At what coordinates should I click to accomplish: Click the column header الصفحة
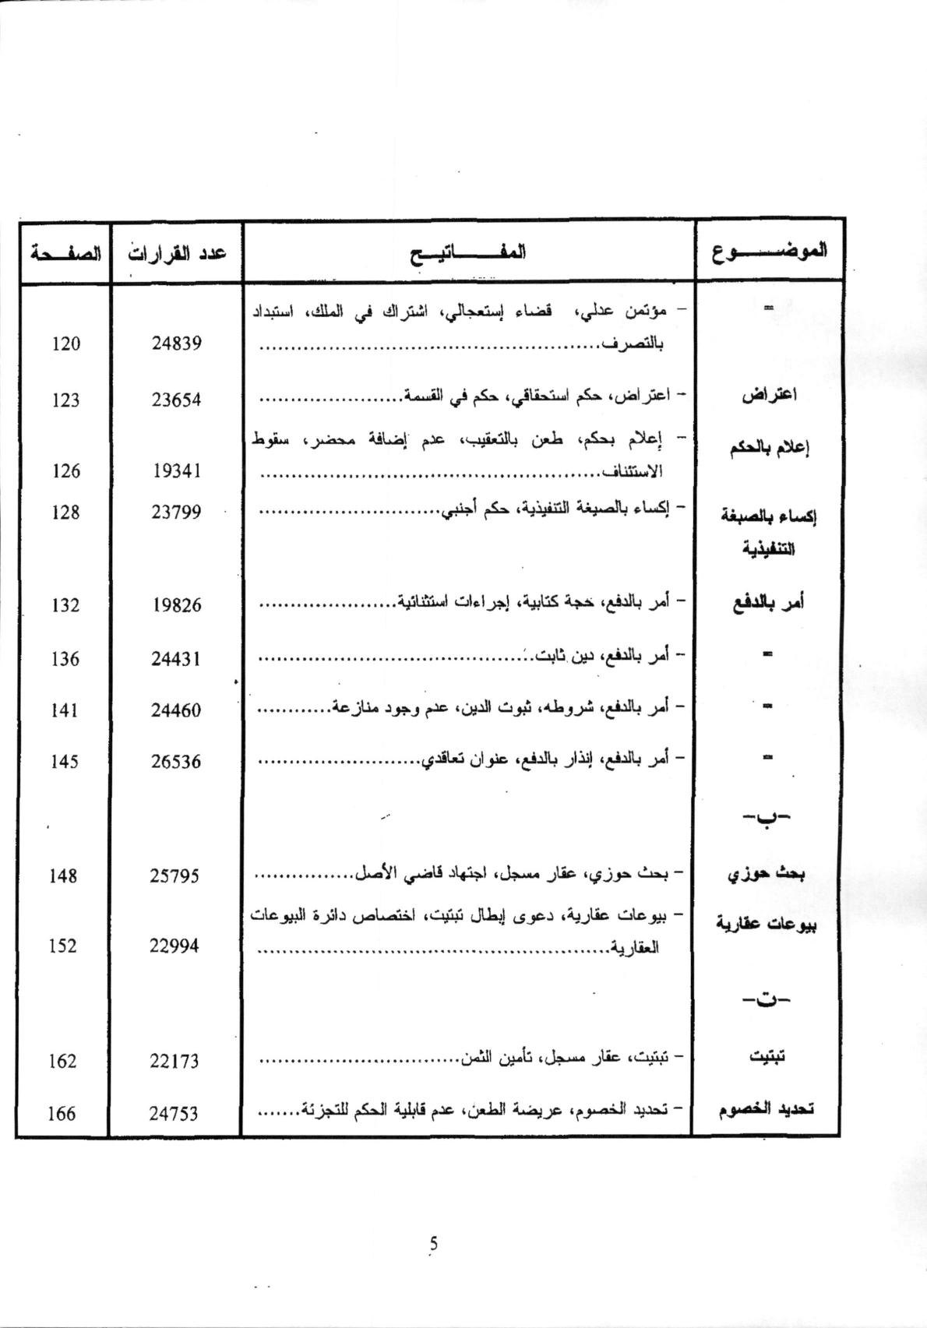click(x=65, y=252)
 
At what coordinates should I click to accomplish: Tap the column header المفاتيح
click(x=468, y=252)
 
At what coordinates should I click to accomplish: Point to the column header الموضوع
click(x=769, y=251)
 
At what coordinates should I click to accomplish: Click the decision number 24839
click(x=176, y=343)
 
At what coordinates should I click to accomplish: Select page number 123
click(x=66, y=400)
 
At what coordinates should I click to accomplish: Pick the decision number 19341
click(x=176, y=471)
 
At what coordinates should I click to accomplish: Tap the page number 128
click(x=65, y=513)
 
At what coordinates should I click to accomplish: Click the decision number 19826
click(x=176, y=605)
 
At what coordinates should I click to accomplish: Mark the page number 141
click(x=64, y=710)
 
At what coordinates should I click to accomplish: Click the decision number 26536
click(x=176, y=762)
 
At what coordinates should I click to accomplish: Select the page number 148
click(x=63, y=876)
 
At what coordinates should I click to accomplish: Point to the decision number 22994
click(x=174, y=946)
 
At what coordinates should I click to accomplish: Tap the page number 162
click(x=62, y=1061)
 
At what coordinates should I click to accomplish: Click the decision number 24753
click(x=174, y=1114)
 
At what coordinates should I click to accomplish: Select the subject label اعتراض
click(x=768, y=395)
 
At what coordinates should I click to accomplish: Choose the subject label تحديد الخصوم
click(x=766, y=1110)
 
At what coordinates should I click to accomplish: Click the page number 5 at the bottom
click(x=434, y=1244)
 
